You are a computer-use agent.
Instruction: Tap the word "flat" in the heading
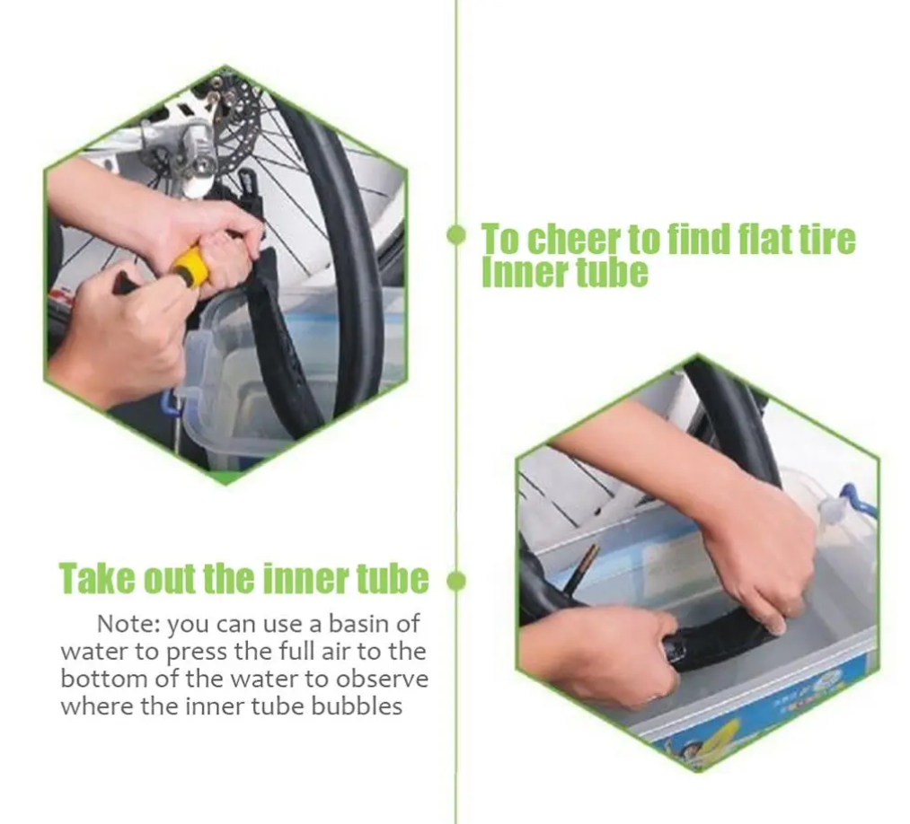(x=762, y=239)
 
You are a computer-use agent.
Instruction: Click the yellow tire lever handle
(x=189, y=267)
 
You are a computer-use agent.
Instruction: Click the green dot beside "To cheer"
(x=456, y=235)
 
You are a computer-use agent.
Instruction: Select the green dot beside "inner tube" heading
(x=456, y=581)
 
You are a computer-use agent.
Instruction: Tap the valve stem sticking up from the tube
(x=583, y=569)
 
